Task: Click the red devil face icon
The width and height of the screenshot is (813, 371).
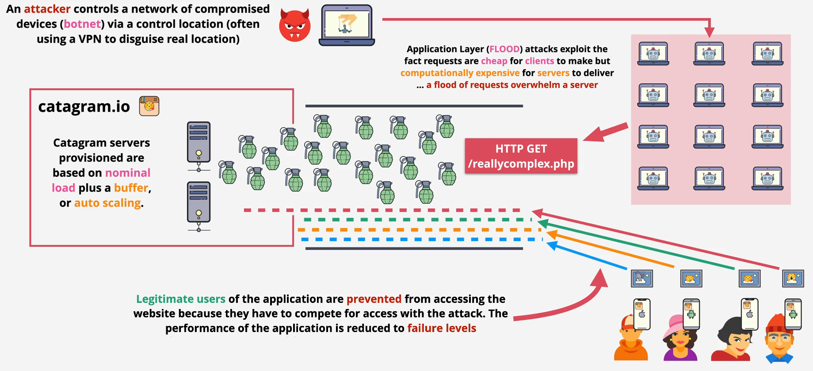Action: [294, 26]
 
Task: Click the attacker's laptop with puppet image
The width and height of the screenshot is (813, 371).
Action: [347, 25]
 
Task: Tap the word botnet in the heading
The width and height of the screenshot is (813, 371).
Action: [82, 24]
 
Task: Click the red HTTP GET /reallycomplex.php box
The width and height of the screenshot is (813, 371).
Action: [521, 156]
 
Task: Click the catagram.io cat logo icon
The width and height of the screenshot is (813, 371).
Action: [149, 106]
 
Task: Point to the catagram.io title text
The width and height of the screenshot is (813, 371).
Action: [84, 107]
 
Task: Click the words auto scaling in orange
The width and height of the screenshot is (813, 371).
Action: [107, 203]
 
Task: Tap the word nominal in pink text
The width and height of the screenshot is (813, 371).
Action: [128, 173]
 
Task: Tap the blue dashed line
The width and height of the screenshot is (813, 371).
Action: [420, 239]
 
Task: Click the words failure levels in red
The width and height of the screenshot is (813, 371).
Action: [441, 328]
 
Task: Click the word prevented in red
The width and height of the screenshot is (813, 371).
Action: [374, 299]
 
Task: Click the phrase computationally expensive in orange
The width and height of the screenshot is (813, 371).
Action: [460, 73]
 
